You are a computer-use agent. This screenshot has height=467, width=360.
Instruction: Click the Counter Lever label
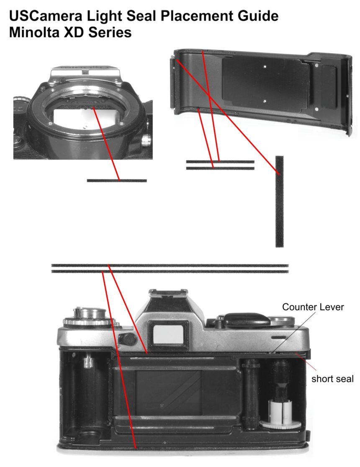(313, 307)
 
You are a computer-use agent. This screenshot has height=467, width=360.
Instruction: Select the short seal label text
(332, 379)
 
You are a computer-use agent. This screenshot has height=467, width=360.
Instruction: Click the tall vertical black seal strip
(279, 201)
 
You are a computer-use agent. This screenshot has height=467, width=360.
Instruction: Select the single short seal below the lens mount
(117, 181)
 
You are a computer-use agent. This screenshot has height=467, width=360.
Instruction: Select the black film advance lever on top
(247, 320)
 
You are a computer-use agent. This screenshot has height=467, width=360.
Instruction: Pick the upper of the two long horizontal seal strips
(170, 266)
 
